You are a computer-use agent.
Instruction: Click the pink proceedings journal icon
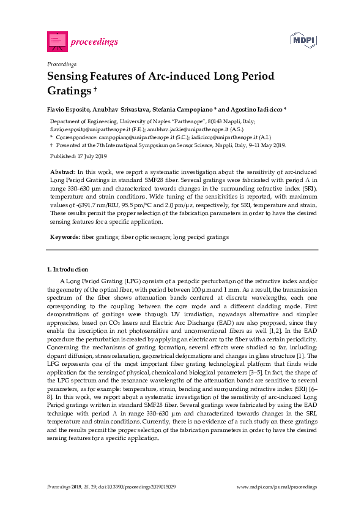(57, 41)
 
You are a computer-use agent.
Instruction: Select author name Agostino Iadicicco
(240, 109)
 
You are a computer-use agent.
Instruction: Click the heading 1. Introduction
(67, 270)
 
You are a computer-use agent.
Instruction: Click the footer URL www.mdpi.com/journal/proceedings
(277, 487)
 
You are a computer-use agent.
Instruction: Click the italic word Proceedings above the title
(61, 64)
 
